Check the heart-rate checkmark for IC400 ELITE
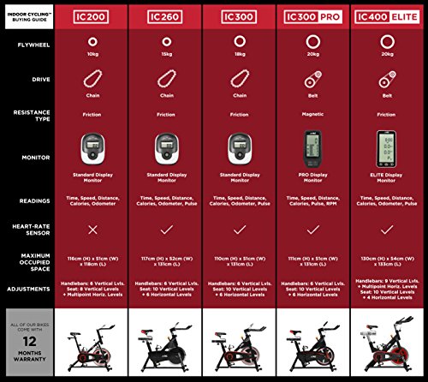tap(387, 230)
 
